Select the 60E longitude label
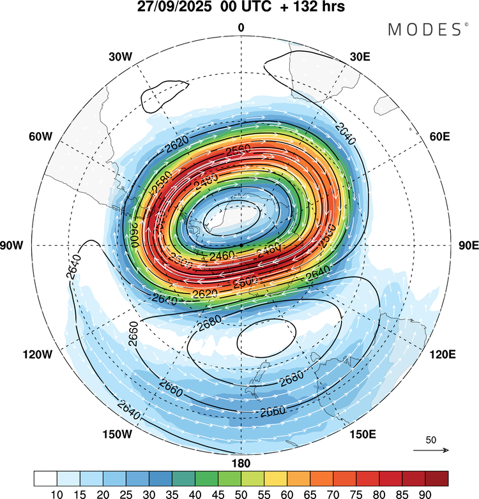pyautogui.click(x=440, y=137)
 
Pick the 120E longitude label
pyautogui.click(x=439, y=354)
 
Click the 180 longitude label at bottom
pyautogui.click(x=241, y=463)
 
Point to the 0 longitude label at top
pyautogui.click(x=241, y=27)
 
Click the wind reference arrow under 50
pyautogui.click(x=430, y=450)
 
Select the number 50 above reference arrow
pyautogui.click(x=430, y=440)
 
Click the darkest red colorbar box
pyautogui.click(x=437, y=478)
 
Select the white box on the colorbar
pyautogui.click(x=45, y=478)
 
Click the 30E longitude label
pyautogui.click(x=360, y=56)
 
